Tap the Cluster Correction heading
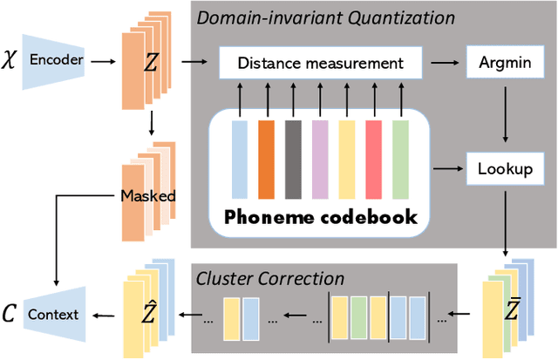[x=270, y=278]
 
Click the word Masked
[x=147, y=196]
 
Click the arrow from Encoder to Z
[x=103, y=63]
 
